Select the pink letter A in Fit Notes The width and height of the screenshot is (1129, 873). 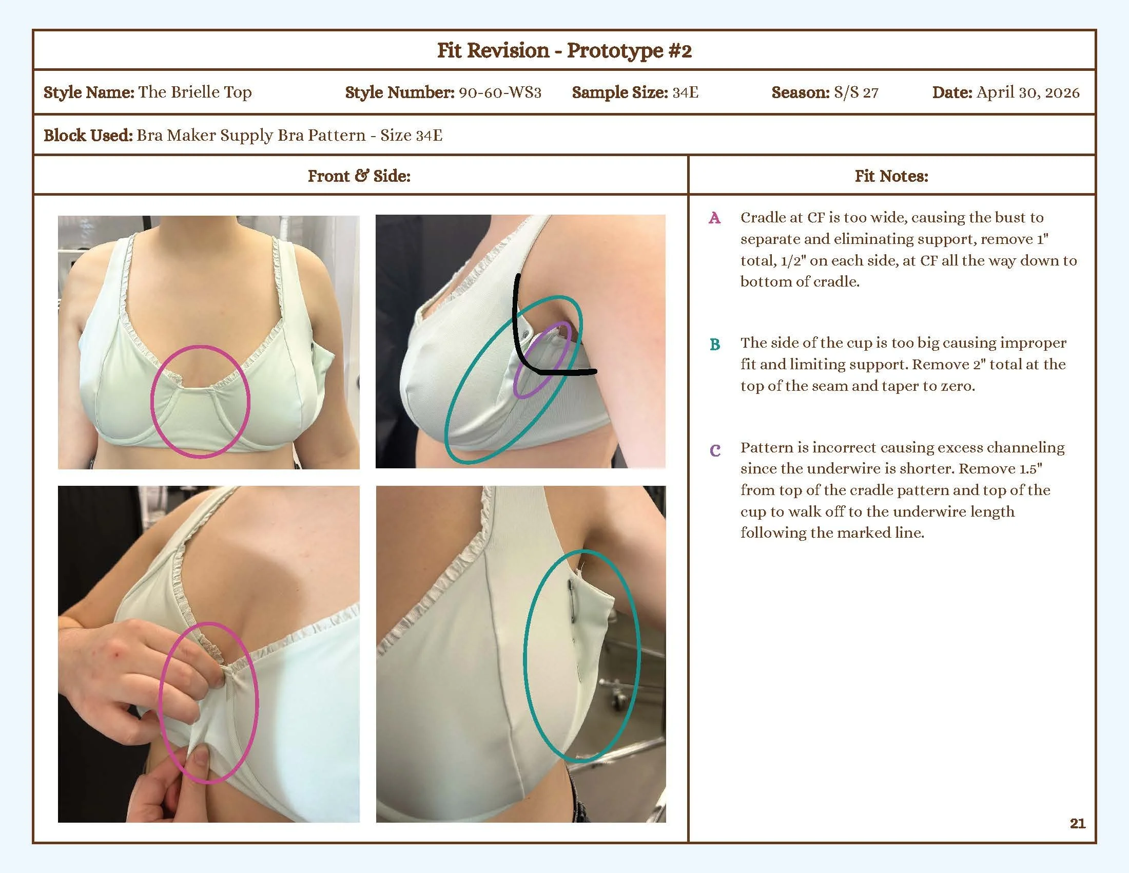[x=714, y=218]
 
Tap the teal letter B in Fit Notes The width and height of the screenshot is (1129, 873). [x=715, y=344]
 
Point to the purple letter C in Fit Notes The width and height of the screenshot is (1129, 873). [x=715, y=450]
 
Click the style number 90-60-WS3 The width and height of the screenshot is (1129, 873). [x=500, y=92]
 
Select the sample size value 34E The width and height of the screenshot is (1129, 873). [x=685, y=92]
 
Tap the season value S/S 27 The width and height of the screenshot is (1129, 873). [x=855, y=92]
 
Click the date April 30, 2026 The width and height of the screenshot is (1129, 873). [x=1028, y=92]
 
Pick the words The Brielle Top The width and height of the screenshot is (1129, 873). [x=195, y=92]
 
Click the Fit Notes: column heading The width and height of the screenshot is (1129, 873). [x=891, y=176]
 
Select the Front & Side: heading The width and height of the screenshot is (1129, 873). [x=359, y=176]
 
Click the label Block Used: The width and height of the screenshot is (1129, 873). [x=88, y=136]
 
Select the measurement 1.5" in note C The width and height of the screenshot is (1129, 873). [x=1031, y=468]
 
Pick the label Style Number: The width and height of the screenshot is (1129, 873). [x=400, y=92]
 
